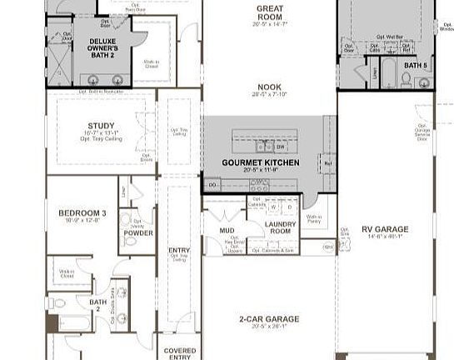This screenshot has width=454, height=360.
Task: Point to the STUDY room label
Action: [x=102, y=127]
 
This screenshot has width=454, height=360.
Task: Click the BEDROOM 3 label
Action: [x=82, y=213]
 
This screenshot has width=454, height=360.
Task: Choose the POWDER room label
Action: [x=139, y=233]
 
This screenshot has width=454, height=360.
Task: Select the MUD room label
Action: [x=227, y=229]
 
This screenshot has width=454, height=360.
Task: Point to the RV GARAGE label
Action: [x=385, y=229]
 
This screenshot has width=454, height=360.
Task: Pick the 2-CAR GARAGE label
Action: [x=269, y=318]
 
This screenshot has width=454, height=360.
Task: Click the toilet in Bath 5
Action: [x=406, y=79]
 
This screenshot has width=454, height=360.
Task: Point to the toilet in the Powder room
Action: [x=130, y=242]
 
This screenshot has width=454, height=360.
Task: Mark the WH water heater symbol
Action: [x=329, y=247]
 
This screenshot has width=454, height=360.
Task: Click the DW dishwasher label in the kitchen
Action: [x=281, y=147]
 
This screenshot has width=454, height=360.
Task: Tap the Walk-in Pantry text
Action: [x=313, y=218]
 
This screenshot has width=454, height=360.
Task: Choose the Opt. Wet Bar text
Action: [x=389, y=36]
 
